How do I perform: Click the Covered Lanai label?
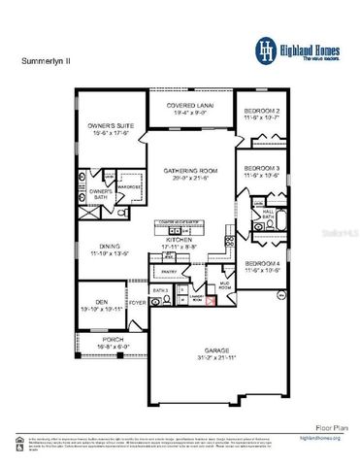(x=190, y=105)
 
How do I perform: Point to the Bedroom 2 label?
(x=262, y=111)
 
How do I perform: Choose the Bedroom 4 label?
(x=262, y=265)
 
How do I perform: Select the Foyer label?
(x=137, y=302)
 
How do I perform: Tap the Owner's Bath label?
(x=102, y=193)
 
